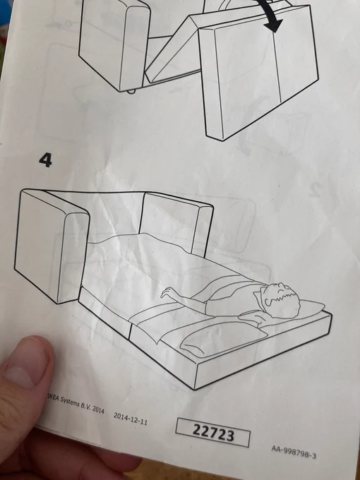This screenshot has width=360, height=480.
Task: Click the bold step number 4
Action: tap(45, 160)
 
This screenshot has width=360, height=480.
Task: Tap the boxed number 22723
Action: tap(213, 433)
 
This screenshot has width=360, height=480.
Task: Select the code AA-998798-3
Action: tap(293, 452)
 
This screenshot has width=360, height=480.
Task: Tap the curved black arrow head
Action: tap(274, 23)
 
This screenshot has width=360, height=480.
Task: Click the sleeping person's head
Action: tap(280, 300)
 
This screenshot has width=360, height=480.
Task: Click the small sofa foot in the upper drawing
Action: tap(131, 92)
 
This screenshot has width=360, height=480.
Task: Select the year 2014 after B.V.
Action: tap(98, 409)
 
